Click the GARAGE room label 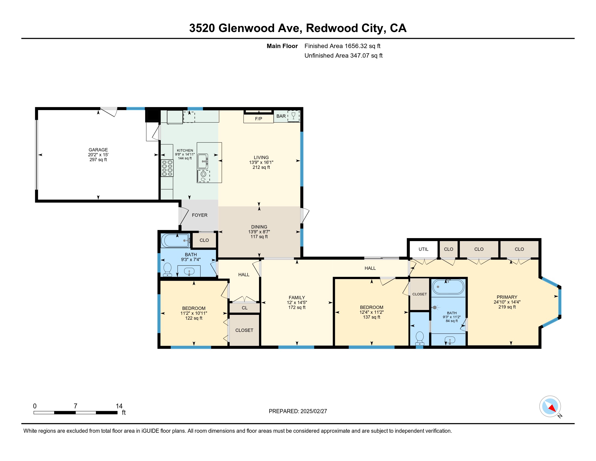coord(98,150)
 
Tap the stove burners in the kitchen coord(167,168)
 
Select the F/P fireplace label coord(258,119)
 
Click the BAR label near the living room coord(281,116)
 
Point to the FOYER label coord(199,215)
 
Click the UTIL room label coord(423,249)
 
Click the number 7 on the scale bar coord(76,406)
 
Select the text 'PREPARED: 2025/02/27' coord(298,411)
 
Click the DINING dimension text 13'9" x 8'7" coord(259,232)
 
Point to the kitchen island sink coord(203,161)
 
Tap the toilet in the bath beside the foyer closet coord(167,270)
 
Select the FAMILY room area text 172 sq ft coord(297,308)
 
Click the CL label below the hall coord(245,308)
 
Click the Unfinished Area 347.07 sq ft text coord(343,56)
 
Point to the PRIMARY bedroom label coord(507,297)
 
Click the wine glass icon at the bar coord(293,116)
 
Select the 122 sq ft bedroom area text coord(194,318)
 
